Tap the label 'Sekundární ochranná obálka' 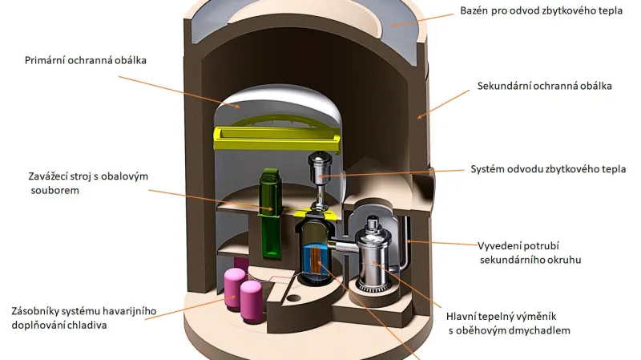[x=545, y=86]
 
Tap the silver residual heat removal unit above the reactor [x=321, y=171]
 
